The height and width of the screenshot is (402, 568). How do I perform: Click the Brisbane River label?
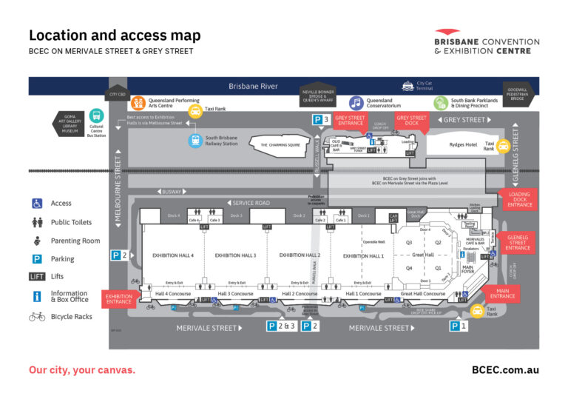click(x=253, y=86)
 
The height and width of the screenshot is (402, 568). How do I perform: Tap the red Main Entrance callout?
click(x=502, y=293)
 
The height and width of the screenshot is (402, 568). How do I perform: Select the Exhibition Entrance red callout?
click(x=118, y=298)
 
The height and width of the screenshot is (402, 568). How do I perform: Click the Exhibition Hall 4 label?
click(x=173, y=255)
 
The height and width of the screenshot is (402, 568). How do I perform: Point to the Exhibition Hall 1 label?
click(x=363, y=255)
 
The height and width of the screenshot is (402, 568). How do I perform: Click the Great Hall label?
click(x=423, y=255)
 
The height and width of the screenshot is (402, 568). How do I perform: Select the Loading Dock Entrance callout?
click(x=520, y=199)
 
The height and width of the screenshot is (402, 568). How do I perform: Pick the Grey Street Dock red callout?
click(x=411, y=120)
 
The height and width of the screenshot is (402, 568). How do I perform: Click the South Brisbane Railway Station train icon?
click(x=195, y=141)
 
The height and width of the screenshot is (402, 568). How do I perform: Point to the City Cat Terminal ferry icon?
click(x=407, y=86)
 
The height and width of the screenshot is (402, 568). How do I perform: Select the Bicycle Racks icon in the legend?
click(x=36, y=316)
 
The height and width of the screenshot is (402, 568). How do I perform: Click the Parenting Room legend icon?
click(x=36, y=241)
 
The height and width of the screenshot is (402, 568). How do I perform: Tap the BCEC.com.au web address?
click(x=505, y=369)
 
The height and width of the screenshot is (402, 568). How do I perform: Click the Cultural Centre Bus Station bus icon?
click(x=96, y=117)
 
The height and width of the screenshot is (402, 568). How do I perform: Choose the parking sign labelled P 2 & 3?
click(x=281, y=326)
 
